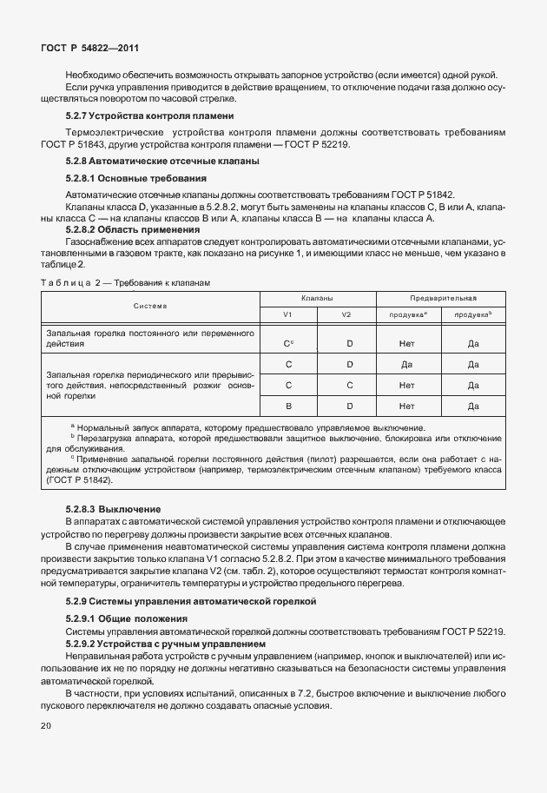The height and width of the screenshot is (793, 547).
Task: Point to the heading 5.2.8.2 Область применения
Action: pos(133,229)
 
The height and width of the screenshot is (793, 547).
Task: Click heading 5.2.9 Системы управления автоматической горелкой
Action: pos(191,601)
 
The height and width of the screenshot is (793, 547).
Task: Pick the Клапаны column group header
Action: pos(318,297)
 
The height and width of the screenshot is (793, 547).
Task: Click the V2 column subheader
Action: pos(346,314)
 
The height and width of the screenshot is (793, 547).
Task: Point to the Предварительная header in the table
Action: pos(440,297)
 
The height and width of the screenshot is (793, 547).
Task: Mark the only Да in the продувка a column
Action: pos(406,364)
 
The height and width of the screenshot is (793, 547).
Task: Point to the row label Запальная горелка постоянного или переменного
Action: pos(149,333)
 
